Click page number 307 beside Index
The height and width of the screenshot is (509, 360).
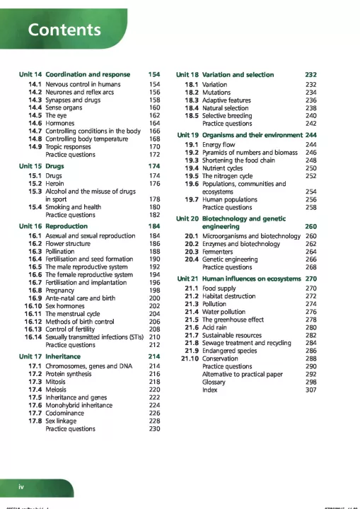tap(310, 390)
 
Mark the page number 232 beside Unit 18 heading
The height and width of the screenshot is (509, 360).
tap(310, 74)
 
